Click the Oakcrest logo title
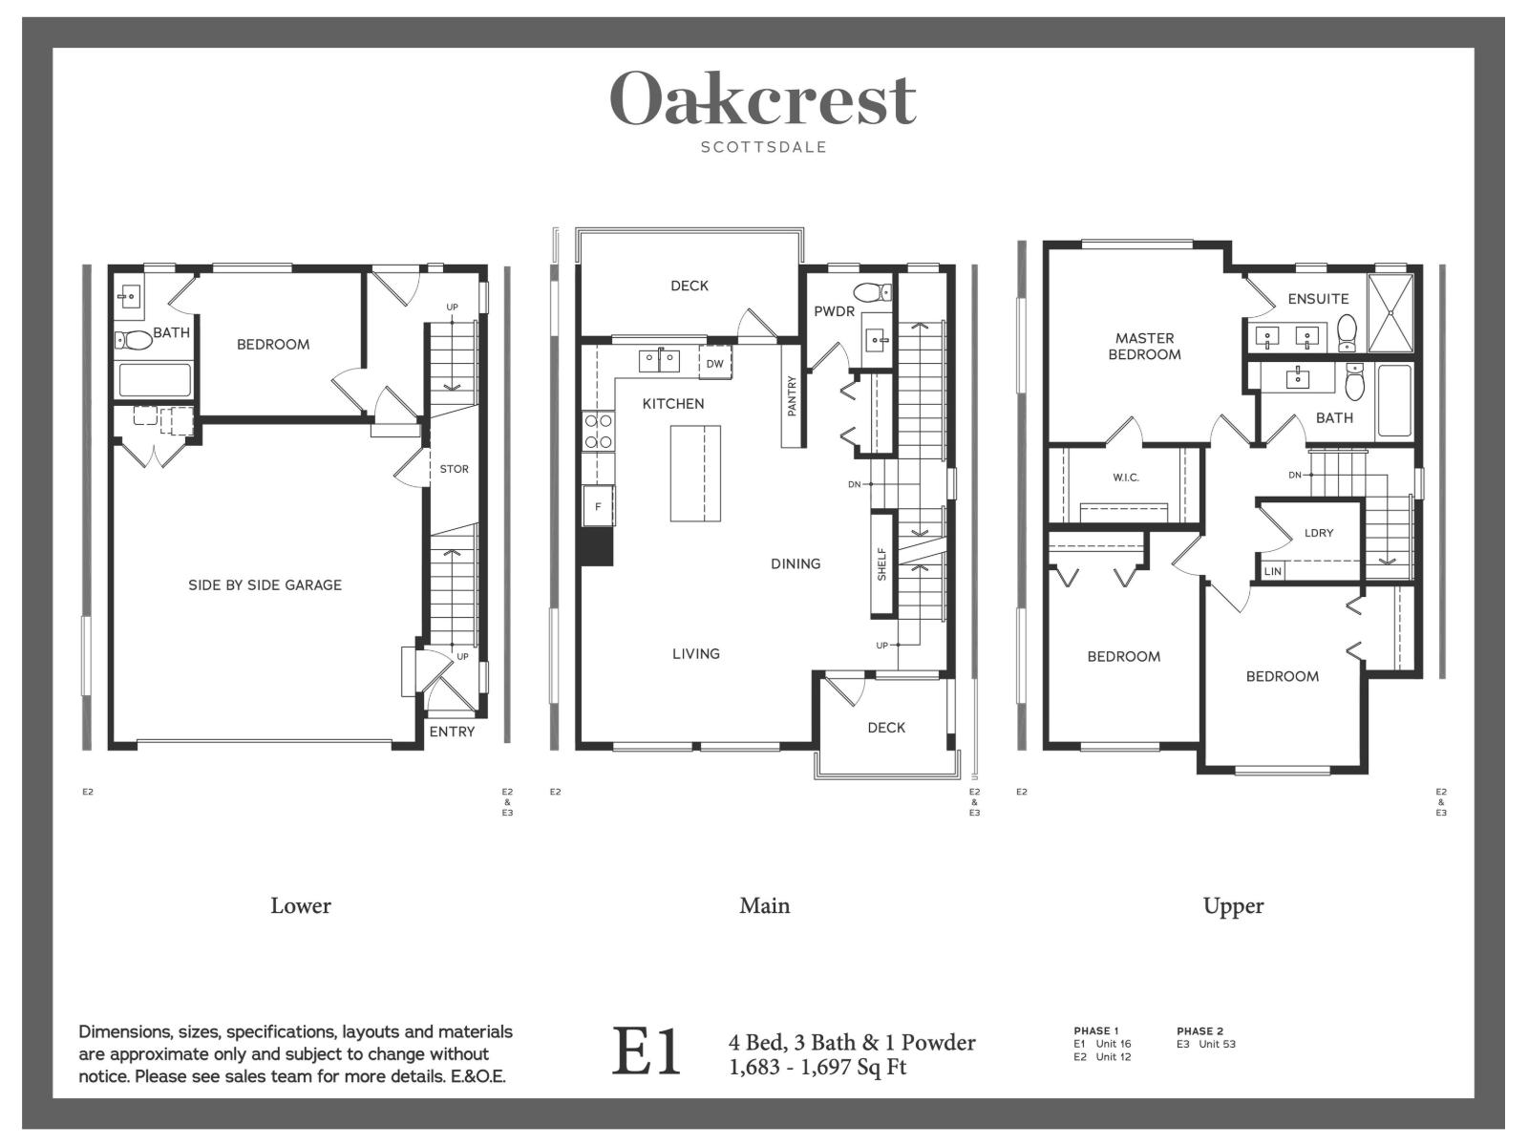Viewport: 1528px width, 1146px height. coord(763,98)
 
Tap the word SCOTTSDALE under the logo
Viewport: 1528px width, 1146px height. coord(763,147)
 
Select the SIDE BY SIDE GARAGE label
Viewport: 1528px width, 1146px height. coord(265,584)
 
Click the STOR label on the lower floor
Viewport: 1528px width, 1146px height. coord(454,469)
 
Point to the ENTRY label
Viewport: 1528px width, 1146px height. coord(452,732)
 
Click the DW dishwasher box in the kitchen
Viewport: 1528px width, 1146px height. coord(714,364)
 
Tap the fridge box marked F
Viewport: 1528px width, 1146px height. coord(598,506)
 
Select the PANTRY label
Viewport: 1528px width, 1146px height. coord(792,395)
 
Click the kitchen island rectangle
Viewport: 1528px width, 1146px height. coord(694,474)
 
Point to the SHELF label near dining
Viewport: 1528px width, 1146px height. coord(881,563)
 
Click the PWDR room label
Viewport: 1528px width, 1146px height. coord(834,311)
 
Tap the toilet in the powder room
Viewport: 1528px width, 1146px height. coord(871,292)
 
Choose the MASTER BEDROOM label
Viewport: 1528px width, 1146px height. coord(1144,346)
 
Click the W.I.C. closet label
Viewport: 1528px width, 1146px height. coord(1126,477)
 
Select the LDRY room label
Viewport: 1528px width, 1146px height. coord(1318,533)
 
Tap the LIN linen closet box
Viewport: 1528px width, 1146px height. coord(1272,571)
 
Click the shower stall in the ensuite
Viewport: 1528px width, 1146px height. coord(1390,312)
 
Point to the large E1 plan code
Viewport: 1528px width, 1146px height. coord(647,1052)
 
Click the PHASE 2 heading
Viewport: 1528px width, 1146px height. coord(1199,1030)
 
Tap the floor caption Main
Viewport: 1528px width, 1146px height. coord(764,905)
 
